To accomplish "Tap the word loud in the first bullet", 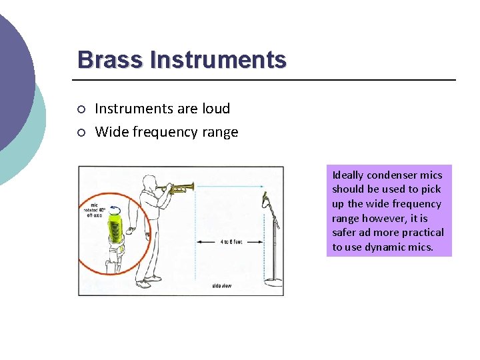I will pyautogui.click(x=214, y=109).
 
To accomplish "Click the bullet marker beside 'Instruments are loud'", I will pyautogui.click(x=81, y=109).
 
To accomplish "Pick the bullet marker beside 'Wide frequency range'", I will pyautogui.click(x=81, y=133).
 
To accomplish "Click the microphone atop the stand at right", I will pyautogui.click(x=266, y=198).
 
